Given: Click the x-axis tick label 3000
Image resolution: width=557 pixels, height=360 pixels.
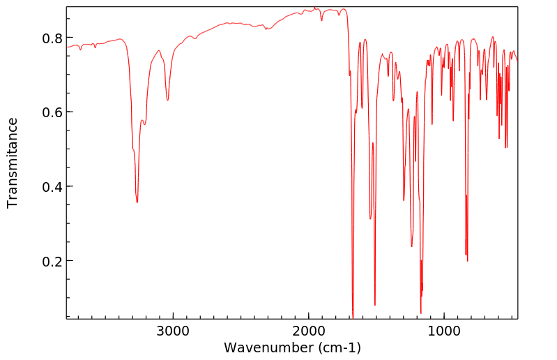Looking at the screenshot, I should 173,330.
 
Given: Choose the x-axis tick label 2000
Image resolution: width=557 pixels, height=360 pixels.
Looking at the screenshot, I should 308,330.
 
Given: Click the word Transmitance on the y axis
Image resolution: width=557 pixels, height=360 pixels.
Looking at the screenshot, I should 13,163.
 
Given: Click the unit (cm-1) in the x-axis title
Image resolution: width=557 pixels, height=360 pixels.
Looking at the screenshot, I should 337,347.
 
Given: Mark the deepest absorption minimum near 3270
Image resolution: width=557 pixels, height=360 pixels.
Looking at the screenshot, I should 137,202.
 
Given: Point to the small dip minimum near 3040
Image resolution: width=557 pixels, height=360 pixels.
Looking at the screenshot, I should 167,100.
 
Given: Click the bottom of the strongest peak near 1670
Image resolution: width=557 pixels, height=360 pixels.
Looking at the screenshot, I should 353,317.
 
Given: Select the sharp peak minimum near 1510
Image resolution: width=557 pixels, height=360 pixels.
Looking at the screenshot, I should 375,305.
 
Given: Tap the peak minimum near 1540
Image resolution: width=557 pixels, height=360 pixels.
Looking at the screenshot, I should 370,219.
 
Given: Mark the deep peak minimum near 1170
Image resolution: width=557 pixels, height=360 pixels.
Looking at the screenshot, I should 420,313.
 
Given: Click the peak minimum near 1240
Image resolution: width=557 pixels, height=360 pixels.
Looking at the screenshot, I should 411,246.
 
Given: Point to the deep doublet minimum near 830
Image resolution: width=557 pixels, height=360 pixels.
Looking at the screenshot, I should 467,261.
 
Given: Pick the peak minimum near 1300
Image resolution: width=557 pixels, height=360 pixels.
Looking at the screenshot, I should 404,200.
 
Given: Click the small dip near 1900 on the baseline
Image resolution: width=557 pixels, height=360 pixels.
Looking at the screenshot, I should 321,20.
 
